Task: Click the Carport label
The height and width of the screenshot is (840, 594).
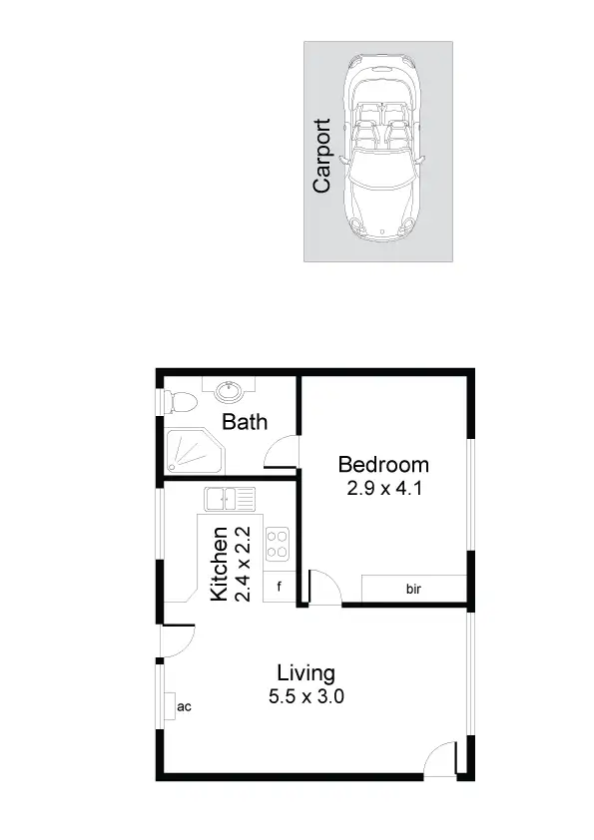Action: pos(321,156)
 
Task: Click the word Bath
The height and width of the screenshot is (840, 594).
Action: pos(245,422)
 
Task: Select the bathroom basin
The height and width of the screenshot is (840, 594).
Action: pos(228,388)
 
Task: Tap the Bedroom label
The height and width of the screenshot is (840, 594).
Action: pos(383,465)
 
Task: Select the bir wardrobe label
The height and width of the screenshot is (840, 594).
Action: pos(413,589)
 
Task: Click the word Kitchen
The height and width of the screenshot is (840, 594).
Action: pos(220,564)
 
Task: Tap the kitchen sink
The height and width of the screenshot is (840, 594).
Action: pos(230,498)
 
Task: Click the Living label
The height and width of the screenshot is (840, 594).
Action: pos(305,673)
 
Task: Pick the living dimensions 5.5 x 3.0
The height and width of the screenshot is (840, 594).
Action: pos(305,697)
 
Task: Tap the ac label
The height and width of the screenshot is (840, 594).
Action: pos(183,706)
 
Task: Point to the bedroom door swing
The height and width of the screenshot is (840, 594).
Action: pos(323,589)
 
